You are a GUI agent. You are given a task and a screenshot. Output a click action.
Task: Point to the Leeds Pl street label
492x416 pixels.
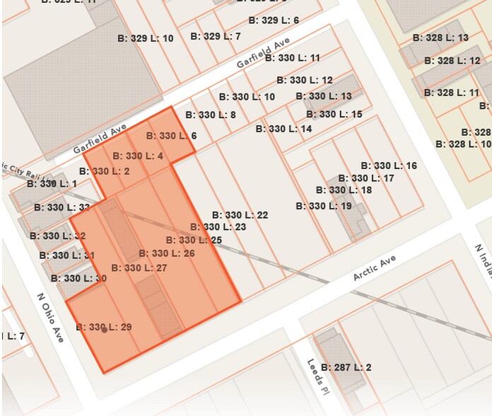315,371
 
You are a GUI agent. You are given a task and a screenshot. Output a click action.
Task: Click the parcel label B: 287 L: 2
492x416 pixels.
346,367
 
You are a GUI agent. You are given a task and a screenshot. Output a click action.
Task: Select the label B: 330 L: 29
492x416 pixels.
104,327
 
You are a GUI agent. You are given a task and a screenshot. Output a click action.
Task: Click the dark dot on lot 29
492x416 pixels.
104,330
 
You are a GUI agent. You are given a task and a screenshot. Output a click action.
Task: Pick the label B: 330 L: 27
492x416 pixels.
139,267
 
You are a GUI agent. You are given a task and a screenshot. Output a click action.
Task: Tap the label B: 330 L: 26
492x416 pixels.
167,253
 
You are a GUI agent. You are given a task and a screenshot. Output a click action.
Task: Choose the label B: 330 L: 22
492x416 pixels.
240,215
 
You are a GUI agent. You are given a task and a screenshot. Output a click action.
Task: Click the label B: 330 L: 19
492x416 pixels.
324,206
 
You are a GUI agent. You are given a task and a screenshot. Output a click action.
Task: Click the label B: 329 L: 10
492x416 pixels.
146,38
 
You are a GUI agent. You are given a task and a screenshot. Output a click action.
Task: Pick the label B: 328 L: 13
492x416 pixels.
441,37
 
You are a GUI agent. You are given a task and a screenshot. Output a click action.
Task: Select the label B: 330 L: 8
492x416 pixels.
211,115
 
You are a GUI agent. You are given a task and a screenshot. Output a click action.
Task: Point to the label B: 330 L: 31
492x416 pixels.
67,255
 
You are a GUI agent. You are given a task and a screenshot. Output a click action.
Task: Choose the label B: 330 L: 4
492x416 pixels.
139,156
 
